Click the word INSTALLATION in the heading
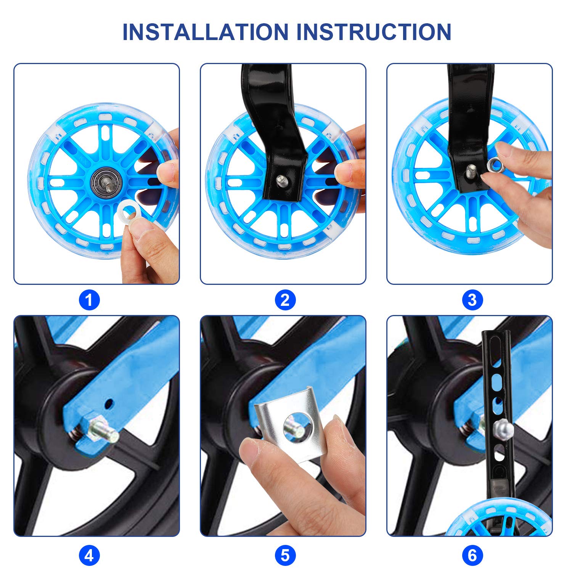coord(205,32)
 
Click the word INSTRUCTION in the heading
coord(374,32)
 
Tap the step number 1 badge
coord(89,300)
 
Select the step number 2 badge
coord(285,300)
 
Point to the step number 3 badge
coord(472,300)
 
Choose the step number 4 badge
coord(89,556)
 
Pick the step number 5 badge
coord(285,556)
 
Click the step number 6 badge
coord(472,556)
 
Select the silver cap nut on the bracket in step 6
coord(504,430)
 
